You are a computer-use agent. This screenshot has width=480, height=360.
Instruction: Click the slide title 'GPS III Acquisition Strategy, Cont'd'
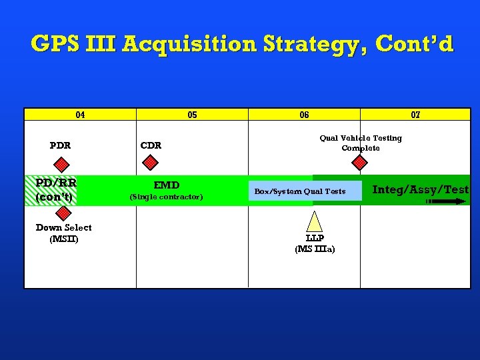(x=241, y=44)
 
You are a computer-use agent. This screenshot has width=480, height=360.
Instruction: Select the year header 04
(x=80, y=115)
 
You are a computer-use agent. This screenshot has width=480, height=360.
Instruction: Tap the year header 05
(x=192, y=115)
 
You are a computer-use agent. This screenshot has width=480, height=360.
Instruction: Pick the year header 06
(x=304, y=115)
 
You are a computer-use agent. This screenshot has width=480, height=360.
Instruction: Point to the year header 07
(x=415, y=115)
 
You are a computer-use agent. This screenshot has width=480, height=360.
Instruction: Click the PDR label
(x=61, y=145)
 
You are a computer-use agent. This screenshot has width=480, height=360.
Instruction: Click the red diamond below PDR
(x=61, y=163)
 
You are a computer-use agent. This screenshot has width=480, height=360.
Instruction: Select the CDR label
(x=151, y=145)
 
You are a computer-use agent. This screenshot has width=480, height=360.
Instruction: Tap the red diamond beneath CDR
(x=151, y=162)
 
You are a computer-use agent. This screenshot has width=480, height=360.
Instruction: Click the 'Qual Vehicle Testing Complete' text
(x=361, y=143)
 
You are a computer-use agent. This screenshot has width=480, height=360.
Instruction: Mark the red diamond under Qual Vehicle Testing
(x=360, y=162)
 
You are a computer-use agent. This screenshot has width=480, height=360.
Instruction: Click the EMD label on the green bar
(x=167, y=185)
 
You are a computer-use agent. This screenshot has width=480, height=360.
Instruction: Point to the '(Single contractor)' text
(x=167, y=197)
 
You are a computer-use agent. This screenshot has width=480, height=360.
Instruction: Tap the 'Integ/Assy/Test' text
(x=420, y=189)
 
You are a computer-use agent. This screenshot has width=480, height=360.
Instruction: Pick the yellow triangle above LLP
(x=315, y=221)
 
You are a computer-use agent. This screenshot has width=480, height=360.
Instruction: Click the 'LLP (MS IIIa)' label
(x=315, y=244)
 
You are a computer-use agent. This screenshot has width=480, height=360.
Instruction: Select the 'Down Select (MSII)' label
(x=64, y=233)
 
